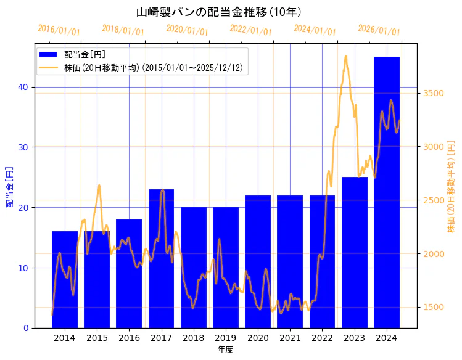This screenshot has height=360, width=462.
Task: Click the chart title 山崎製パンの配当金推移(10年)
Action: (218, 12)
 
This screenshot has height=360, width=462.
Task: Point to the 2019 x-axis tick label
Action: (226, 338)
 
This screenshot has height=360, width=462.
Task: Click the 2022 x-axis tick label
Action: (322, 338)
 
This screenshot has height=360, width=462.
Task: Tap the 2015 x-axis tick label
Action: (97, 338)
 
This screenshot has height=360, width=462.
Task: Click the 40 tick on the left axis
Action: (22, 87)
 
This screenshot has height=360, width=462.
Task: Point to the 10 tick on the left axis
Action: (22, 268)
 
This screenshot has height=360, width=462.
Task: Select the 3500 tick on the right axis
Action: (434, 93)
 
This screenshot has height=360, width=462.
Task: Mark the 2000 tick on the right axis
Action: (434, 254)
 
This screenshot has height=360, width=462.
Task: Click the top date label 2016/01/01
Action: (59, 30)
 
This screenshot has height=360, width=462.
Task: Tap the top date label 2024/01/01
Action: (315, 30)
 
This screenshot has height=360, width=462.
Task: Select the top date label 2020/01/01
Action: (187, 30)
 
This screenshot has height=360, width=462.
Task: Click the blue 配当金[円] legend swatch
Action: (49, 55)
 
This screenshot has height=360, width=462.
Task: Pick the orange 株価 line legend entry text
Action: (154, 67)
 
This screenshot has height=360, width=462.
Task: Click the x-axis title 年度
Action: (225, 350)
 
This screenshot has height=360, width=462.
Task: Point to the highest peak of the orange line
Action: (345, 56)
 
